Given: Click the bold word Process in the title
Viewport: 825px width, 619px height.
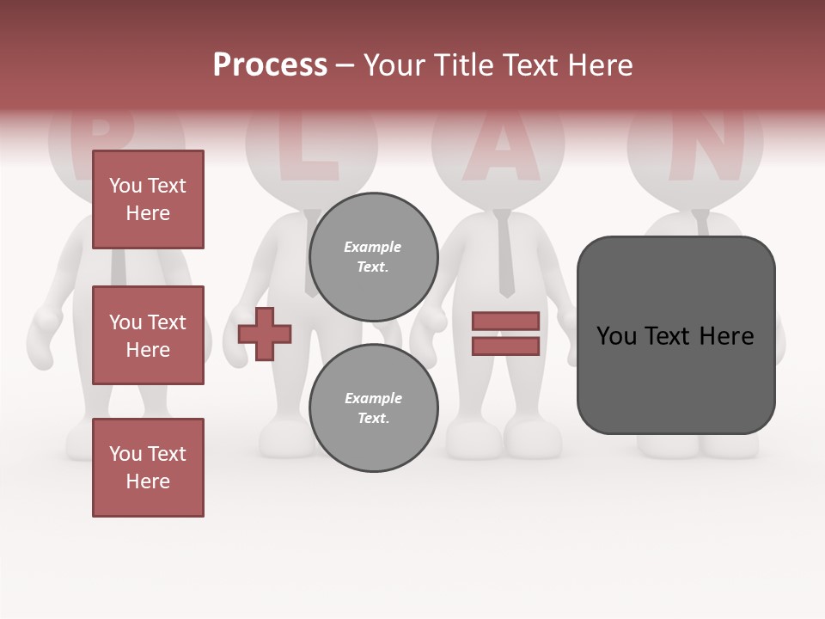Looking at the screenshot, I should pos(270,64).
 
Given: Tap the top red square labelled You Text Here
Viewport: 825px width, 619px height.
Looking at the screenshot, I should pos(148,199).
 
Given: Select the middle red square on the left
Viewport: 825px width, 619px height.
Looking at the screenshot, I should pos(148,335).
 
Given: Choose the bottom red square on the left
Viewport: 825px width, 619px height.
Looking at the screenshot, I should pos(148,468).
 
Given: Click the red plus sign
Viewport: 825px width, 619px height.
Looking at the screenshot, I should pos(265,334).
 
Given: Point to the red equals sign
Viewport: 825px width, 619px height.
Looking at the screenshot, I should pos(505,334).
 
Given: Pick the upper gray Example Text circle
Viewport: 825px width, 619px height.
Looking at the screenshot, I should pos(373,257).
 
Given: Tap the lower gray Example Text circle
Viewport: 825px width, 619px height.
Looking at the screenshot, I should pos(373,408).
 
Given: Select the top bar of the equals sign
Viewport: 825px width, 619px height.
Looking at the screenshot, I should pos(505,322).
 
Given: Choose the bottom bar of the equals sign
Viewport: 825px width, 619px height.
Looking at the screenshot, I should pos(505,346).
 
